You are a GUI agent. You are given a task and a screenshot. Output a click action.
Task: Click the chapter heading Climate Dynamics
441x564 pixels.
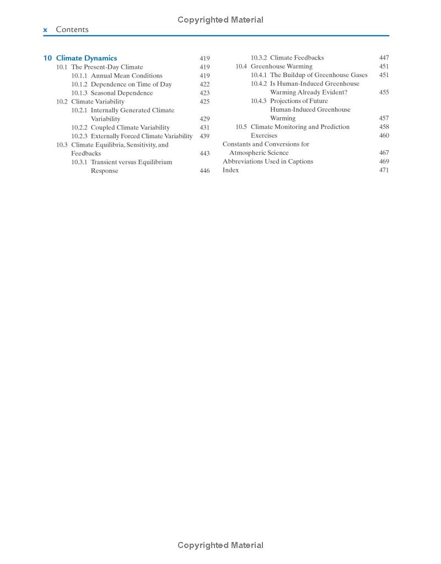[x=87, y=58]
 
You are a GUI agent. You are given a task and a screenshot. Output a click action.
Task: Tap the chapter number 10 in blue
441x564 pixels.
[x=47, y=58]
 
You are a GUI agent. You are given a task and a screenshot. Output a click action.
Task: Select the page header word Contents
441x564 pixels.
[x=72, y=30]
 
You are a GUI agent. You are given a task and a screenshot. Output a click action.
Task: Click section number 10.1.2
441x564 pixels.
[x=79, y=84]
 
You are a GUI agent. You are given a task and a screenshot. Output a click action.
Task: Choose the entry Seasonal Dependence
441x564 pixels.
[x=122, y=93]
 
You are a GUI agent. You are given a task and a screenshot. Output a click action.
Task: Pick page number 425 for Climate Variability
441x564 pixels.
[x=205, y=101]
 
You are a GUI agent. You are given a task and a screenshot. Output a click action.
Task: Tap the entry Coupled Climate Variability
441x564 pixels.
[x=130, y=127]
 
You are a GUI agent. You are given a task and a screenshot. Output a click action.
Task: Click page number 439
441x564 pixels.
[x=205, y=136]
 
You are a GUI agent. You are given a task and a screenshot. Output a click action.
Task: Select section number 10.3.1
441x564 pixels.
[x=79, y=162]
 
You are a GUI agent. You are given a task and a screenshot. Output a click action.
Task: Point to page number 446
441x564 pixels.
[x=205, y=171]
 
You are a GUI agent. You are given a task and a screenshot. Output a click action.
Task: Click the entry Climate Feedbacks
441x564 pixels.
[x=297, y=58]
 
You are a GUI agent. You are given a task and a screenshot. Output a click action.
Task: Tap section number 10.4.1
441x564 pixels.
[x=259, y=75]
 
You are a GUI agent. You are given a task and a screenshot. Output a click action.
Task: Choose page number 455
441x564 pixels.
[x=384, y=93]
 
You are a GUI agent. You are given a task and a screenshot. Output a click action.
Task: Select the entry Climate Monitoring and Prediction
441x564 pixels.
[x=300, y=127]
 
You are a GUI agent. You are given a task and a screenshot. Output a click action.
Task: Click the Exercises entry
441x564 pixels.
[x=264, y=135]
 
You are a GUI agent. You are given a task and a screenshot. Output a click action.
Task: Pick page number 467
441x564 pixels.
[x=384, y=153]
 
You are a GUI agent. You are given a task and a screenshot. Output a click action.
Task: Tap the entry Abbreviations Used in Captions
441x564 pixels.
[x=268, y=161]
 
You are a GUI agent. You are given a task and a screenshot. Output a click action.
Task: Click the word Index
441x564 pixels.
[x=230, y=170]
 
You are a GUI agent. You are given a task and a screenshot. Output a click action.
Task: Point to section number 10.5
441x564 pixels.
[x=241, y=127]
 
